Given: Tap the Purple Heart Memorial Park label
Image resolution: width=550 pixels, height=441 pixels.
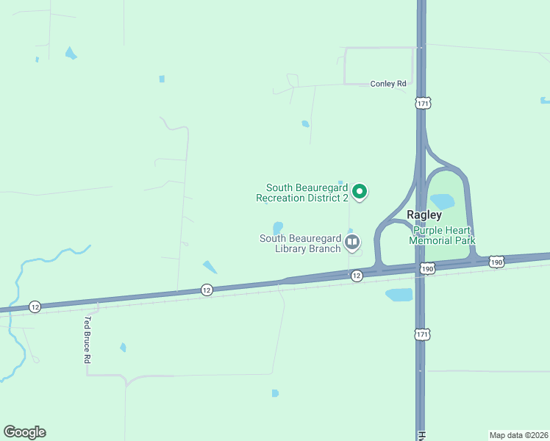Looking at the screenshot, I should (442, 235).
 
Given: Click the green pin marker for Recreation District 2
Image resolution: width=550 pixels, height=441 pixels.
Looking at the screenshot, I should (360, 192).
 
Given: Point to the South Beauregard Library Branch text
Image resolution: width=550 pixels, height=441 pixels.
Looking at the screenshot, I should (300, 243).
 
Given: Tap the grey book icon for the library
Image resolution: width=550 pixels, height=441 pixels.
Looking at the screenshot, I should (353, 242).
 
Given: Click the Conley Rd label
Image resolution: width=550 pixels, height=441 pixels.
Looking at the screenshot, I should (388, 84).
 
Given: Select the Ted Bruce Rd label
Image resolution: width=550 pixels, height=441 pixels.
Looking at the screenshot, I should (87, 340).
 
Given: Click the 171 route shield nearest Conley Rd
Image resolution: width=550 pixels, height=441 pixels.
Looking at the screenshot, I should (422, 104).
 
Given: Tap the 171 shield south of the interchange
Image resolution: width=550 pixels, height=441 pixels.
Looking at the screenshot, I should (421, 334).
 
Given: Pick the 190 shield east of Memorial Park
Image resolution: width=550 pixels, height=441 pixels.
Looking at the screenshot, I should (497, 262).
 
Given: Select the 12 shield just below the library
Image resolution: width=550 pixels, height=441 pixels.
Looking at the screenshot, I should (357, 275).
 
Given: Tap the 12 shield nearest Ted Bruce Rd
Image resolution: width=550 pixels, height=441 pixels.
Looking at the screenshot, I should (35, 306).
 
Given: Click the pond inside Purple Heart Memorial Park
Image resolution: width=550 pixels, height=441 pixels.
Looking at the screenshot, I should (442, 201).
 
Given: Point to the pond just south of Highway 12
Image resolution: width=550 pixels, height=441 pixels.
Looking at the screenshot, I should (399, 295).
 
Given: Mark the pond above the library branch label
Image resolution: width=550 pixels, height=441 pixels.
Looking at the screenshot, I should (278, 227).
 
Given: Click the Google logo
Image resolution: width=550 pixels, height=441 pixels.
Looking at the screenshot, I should (24, 432).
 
